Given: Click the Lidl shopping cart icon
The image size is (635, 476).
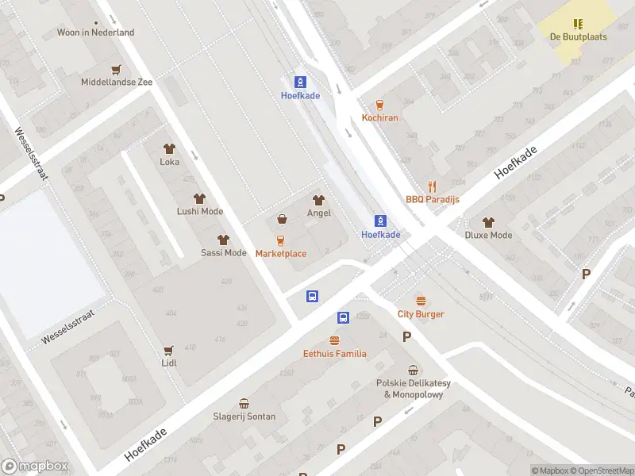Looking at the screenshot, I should [168, 350].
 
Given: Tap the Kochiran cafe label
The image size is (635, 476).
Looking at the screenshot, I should [379, 118].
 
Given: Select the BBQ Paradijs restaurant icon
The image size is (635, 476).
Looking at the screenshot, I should [433, 186].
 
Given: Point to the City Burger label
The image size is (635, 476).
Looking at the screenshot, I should [421, 314].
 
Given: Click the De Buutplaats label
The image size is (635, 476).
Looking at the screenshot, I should [578, 37].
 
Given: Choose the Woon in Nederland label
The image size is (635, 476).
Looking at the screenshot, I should [96, 33].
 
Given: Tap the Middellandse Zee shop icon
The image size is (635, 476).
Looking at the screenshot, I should [117, 69].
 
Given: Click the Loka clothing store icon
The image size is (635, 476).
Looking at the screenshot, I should [169, 148].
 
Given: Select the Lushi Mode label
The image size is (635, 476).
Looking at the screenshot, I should [200, 212].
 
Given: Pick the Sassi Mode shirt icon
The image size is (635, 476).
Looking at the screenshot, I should [223, 240].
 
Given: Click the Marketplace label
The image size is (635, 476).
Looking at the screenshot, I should [281, 254].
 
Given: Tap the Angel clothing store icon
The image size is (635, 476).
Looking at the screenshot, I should [319, 200].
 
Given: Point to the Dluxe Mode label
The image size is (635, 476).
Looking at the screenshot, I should [488, 235].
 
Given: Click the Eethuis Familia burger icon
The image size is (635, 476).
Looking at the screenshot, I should [334, 340].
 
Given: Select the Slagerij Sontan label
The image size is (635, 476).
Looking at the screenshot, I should [244, 416].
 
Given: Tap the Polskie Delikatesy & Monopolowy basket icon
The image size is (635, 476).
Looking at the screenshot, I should [413, 370].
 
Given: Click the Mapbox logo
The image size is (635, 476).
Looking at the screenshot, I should [35, 466].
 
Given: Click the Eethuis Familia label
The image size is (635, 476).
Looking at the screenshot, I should [335, 354].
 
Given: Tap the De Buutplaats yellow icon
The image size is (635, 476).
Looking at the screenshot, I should [578, 24].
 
